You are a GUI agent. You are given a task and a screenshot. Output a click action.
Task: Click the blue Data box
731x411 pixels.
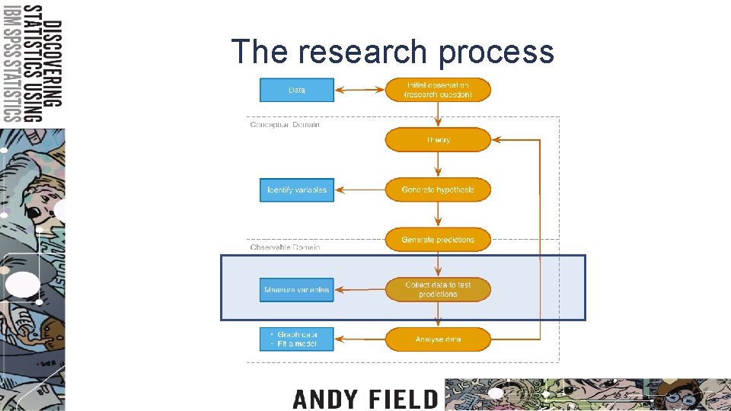click(297, 90)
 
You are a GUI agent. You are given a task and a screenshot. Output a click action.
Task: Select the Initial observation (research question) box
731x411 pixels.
click(438, 90)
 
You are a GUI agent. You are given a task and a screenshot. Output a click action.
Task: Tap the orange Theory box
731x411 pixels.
click(438, 140)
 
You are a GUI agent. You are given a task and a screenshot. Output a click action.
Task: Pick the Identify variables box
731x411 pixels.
click(297, 190)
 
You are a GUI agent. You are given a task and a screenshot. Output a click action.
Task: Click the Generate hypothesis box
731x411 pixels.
click(438, 190)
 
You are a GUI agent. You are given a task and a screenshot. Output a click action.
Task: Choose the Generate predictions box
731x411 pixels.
click(438, 240)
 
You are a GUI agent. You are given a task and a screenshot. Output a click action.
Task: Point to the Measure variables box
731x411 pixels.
click(297, 289)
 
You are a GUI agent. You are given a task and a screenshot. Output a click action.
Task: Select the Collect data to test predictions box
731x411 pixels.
click(438, 289)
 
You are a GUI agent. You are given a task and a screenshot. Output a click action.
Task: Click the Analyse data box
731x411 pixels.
click(438, 339)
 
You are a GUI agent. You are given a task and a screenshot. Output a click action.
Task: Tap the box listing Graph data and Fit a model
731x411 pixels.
click(297, 339)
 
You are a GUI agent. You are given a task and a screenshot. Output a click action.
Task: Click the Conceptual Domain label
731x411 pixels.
click(285, 125)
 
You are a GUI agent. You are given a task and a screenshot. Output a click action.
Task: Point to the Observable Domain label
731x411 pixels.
click(285, 247)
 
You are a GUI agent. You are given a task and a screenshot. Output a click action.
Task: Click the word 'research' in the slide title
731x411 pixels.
click(362, 52)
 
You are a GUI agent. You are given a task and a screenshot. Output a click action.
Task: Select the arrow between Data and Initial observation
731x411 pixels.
click(359, 90)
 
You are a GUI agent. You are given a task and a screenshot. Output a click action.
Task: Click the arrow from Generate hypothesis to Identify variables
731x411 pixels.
click(359, 190)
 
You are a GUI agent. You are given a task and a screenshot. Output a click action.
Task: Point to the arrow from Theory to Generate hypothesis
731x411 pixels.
click(438, 164)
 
